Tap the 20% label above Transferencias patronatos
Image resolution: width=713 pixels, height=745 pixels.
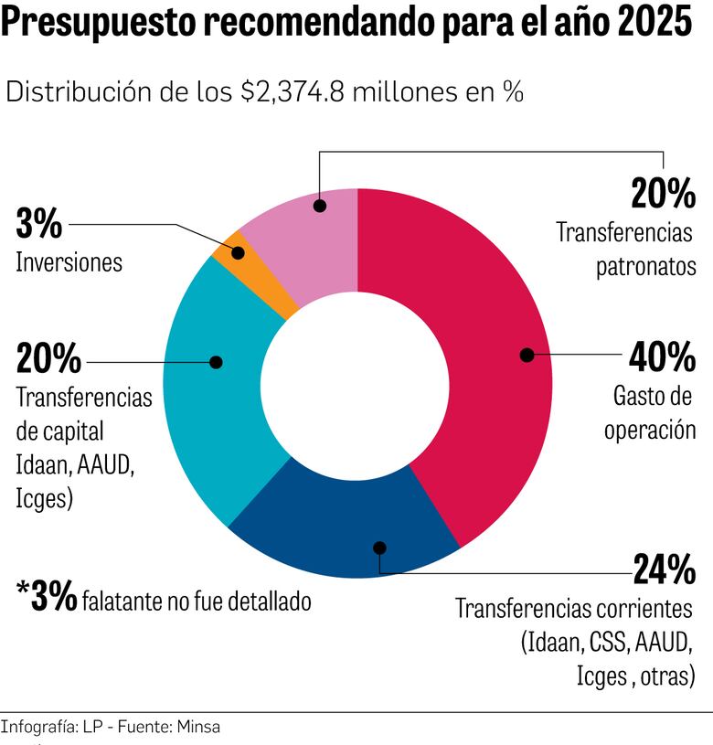point(664,193)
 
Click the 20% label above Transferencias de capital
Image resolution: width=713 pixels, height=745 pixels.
point(48,359)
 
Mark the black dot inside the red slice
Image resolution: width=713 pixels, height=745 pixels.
point(527,355)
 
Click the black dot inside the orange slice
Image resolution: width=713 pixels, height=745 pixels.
point(238,249)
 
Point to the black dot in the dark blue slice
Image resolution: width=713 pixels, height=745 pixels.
point(380,548)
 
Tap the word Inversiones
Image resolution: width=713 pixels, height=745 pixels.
point(69,262)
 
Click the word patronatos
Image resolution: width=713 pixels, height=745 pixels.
point(646,267)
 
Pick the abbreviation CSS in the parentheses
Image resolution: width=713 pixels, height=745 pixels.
point(605,641)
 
